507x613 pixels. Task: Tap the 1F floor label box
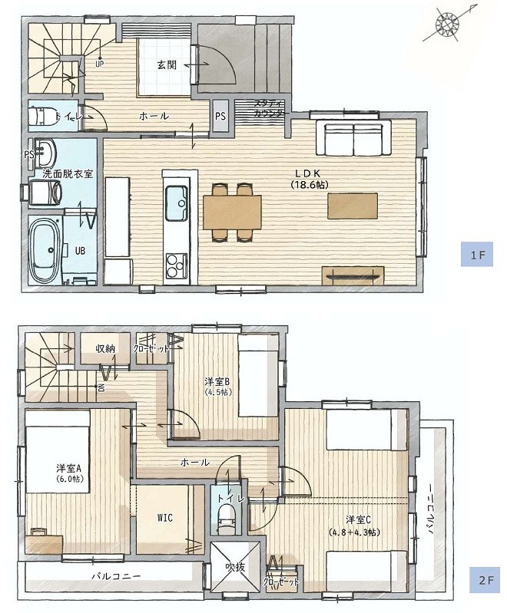click(476, 255)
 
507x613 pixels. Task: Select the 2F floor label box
click(485, 580)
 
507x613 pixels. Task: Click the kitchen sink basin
click(177, 203)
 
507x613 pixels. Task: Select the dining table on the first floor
click(232, 212)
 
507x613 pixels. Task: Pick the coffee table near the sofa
click(353, 206)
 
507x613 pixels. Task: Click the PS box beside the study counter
click(220, 116)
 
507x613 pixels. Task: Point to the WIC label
click(165, 518)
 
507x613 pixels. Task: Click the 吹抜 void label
click(234, 566)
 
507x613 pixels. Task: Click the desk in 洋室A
click(44, 543)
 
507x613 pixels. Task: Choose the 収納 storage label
click(105, 348)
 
